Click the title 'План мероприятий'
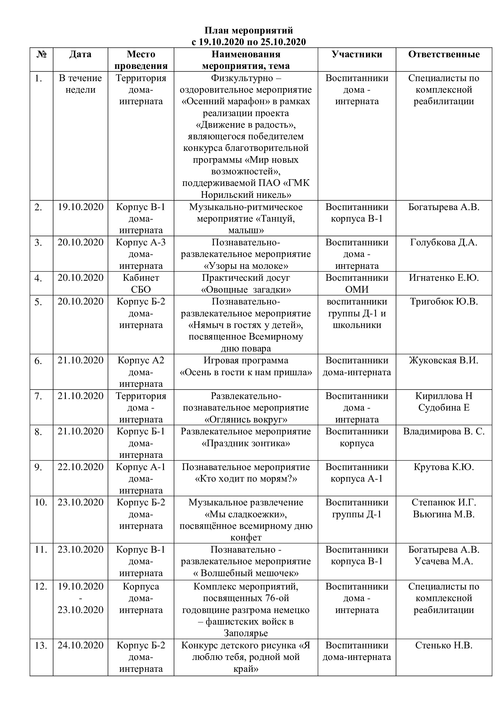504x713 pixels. (249, 30)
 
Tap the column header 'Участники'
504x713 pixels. (357, 54)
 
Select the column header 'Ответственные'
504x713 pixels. (443, 54)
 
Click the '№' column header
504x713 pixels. (41, 54)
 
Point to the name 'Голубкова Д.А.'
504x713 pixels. (443, 242)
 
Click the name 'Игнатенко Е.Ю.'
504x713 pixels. (443, 278)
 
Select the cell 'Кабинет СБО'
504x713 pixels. (141, 283)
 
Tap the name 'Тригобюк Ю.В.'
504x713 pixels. (443, 301)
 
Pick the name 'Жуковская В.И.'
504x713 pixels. (443, 360)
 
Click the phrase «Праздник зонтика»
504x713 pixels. (246, 443)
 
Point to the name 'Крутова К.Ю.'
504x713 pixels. (443, 467)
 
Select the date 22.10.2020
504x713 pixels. (80, 467)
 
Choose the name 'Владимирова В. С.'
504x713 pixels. (443, 431)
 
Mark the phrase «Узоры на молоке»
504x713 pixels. (246, 266)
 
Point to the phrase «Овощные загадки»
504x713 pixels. (246, 290)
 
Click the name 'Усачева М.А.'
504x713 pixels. (443, 561)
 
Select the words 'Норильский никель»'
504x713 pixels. (246, 195)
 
